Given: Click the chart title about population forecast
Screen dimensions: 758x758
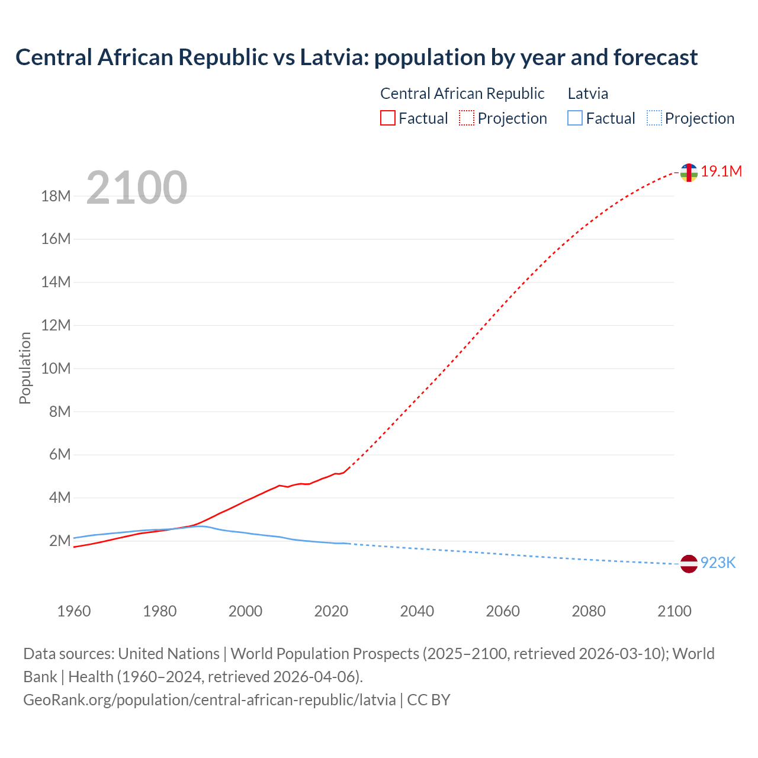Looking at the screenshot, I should point(356,57).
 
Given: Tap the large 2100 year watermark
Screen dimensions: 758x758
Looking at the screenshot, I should point(137,188).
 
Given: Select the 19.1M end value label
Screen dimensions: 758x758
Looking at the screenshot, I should point(721,172).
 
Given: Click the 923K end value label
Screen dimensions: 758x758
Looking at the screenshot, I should point(718,563).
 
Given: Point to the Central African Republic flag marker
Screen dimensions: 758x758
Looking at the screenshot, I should point(689,173).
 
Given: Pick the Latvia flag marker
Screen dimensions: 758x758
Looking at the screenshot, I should point(689,564).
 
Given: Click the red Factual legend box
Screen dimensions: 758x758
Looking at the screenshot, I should point(388,118).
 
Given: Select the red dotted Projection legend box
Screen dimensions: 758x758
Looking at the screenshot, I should point(467,118).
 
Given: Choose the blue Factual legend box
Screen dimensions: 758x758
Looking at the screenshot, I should point(575,118).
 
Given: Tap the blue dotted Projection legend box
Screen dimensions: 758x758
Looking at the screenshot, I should point(654,118).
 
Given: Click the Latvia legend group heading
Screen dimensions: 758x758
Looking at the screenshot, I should point(587,94).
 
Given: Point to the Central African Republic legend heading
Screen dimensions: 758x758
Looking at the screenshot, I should point(462,94).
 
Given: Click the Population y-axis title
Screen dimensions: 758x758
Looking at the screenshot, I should point(25,368).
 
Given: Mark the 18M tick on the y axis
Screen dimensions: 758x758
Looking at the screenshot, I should point(56,196).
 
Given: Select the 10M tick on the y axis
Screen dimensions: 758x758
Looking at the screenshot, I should point(56,368).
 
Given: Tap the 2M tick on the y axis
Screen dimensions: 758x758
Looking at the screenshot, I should point(60,541).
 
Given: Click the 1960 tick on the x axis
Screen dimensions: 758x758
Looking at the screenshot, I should point(74,611).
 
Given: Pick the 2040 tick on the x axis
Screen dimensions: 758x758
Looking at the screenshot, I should point(417,611).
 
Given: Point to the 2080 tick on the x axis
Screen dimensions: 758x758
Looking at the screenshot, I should point(589,611).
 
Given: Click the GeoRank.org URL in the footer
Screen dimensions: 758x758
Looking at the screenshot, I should point(210,700).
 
